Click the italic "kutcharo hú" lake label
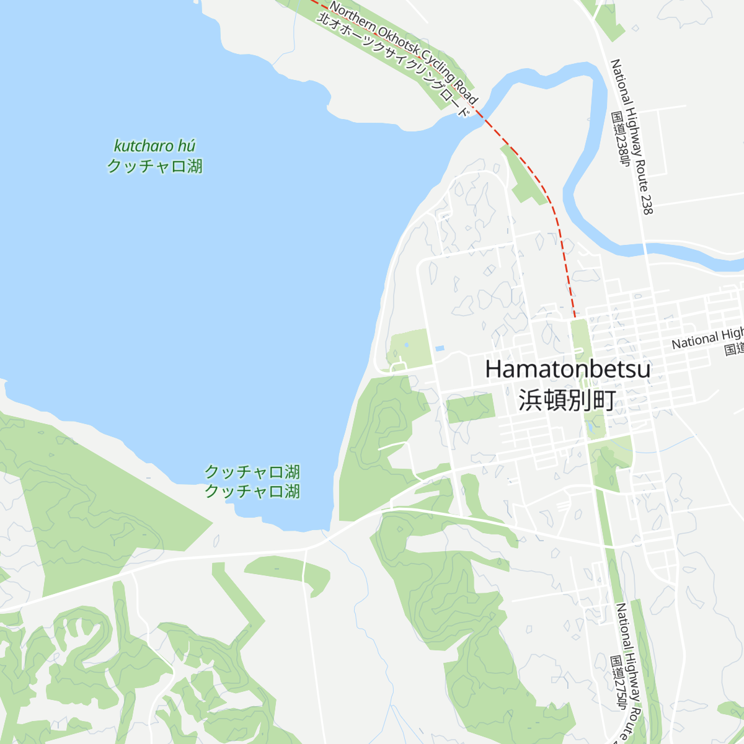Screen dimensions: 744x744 (x=154, y=146)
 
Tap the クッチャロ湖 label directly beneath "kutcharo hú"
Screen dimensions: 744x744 (x=154, y=166)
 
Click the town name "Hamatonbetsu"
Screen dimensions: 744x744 (x=567, y=370)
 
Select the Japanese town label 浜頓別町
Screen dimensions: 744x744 (x=567, y=400)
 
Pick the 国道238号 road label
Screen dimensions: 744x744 (x=620, y=140)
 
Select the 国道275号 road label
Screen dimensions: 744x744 (x=618, y=683)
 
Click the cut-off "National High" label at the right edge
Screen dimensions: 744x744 (x=707, y=339)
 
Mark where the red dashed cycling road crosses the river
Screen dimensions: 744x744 (x=479, y=113)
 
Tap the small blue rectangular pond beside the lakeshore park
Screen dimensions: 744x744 (x=440, y=348)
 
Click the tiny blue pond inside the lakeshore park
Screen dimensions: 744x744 (x=406, y=345)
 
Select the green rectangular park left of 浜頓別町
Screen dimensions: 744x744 (x=471, y=408)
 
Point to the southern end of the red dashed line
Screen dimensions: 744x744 (x=575, y=317)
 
